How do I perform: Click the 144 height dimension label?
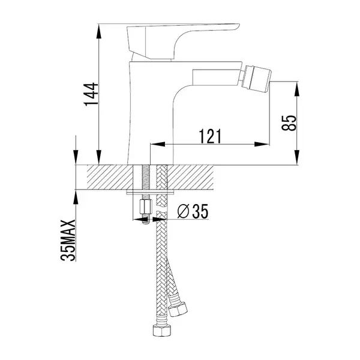tap(91, 94)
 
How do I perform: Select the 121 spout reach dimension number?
tap(210, 136)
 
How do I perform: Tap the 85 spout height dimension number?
tap(289, 123)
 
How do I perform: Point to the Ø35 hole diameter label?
tap(193, 211)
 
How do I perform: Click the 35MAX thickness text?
tap(68, 240)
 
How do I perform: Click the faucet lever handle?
tap(183, 42)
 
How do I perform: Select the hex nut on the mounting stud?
tap(146, 206)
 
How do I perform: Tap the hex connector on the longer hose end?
tap(161, 330)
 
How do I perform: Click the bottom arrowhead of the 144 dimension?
tap(99, 157)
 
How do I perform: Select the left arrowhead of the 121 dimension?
tap(157, 144)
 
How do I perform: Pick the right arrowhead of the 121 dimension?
tap(262, 144)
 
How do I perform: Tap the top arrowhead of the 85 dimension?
tap(297, 89)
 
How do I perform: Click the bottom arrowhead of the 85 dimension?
tap(297, 157)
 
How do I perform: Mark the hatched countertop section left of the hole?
tap(110, 177)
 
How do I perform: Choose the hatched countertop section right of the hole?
tap(191, 177)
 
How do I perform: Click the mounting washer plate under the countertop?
tap(151, 192)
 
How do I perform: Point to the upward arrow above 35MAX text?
tap(76, 197)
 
